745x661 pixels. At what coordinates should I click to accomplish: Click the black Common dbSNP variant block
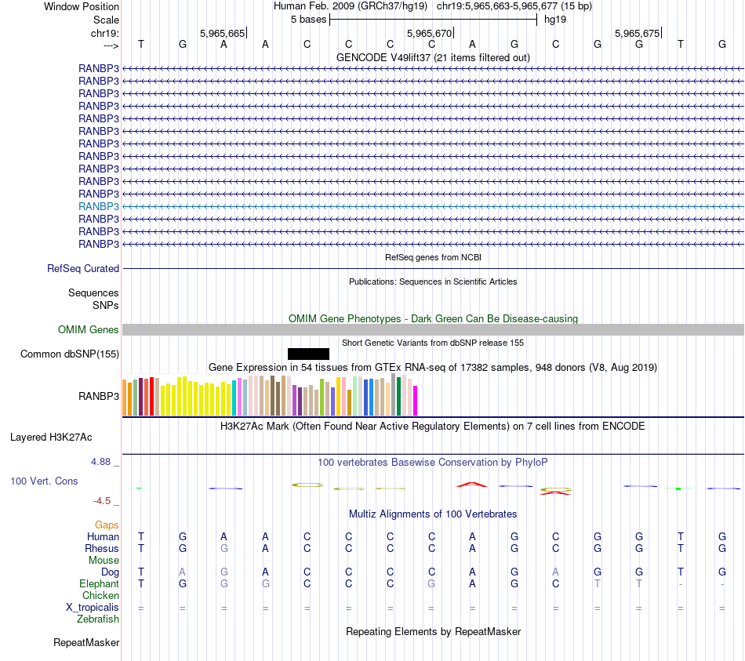point(308,354)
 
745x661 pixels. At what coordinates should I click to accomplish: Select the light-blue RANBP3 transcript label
point(99,206)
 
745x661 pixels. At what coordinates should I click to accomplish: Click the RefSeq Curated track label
point(83,268)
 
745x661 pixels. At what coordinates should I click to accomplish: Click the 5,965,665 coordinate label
point(223,34)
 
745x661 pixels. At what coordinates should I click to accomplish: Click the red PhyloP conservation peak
point(472,485)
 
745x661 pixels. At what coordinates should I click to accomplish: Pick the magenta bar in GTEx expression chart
point(415,400)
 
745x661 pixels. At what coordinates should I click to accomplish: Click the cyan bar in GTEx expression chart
point(234,398)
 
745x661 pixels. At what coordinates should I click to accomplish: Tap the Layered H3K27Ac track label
point(56,437)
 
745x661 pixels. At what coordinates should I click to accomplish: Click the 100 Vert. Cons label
point(44,481)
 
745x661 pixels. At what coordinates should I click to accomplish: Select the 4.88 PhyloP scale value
point(100,462)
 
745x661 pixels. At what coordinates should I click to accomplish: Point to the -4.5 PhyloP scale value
point(103,500)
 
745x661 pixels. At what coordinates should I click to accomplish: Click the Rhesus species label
point(103,549)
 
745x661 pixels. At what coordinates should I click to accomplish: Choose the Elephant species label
point(99,584)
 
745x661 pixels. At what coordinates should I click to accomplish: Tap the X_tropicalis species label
point(93,608)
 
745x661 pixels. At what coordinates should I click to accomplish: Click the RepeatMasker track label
point(86,643)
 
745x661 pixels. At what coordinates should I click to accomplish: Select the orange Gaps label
point(107,525)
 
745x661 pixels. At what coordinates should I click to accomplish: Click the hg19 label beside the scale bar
point(555,19)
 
